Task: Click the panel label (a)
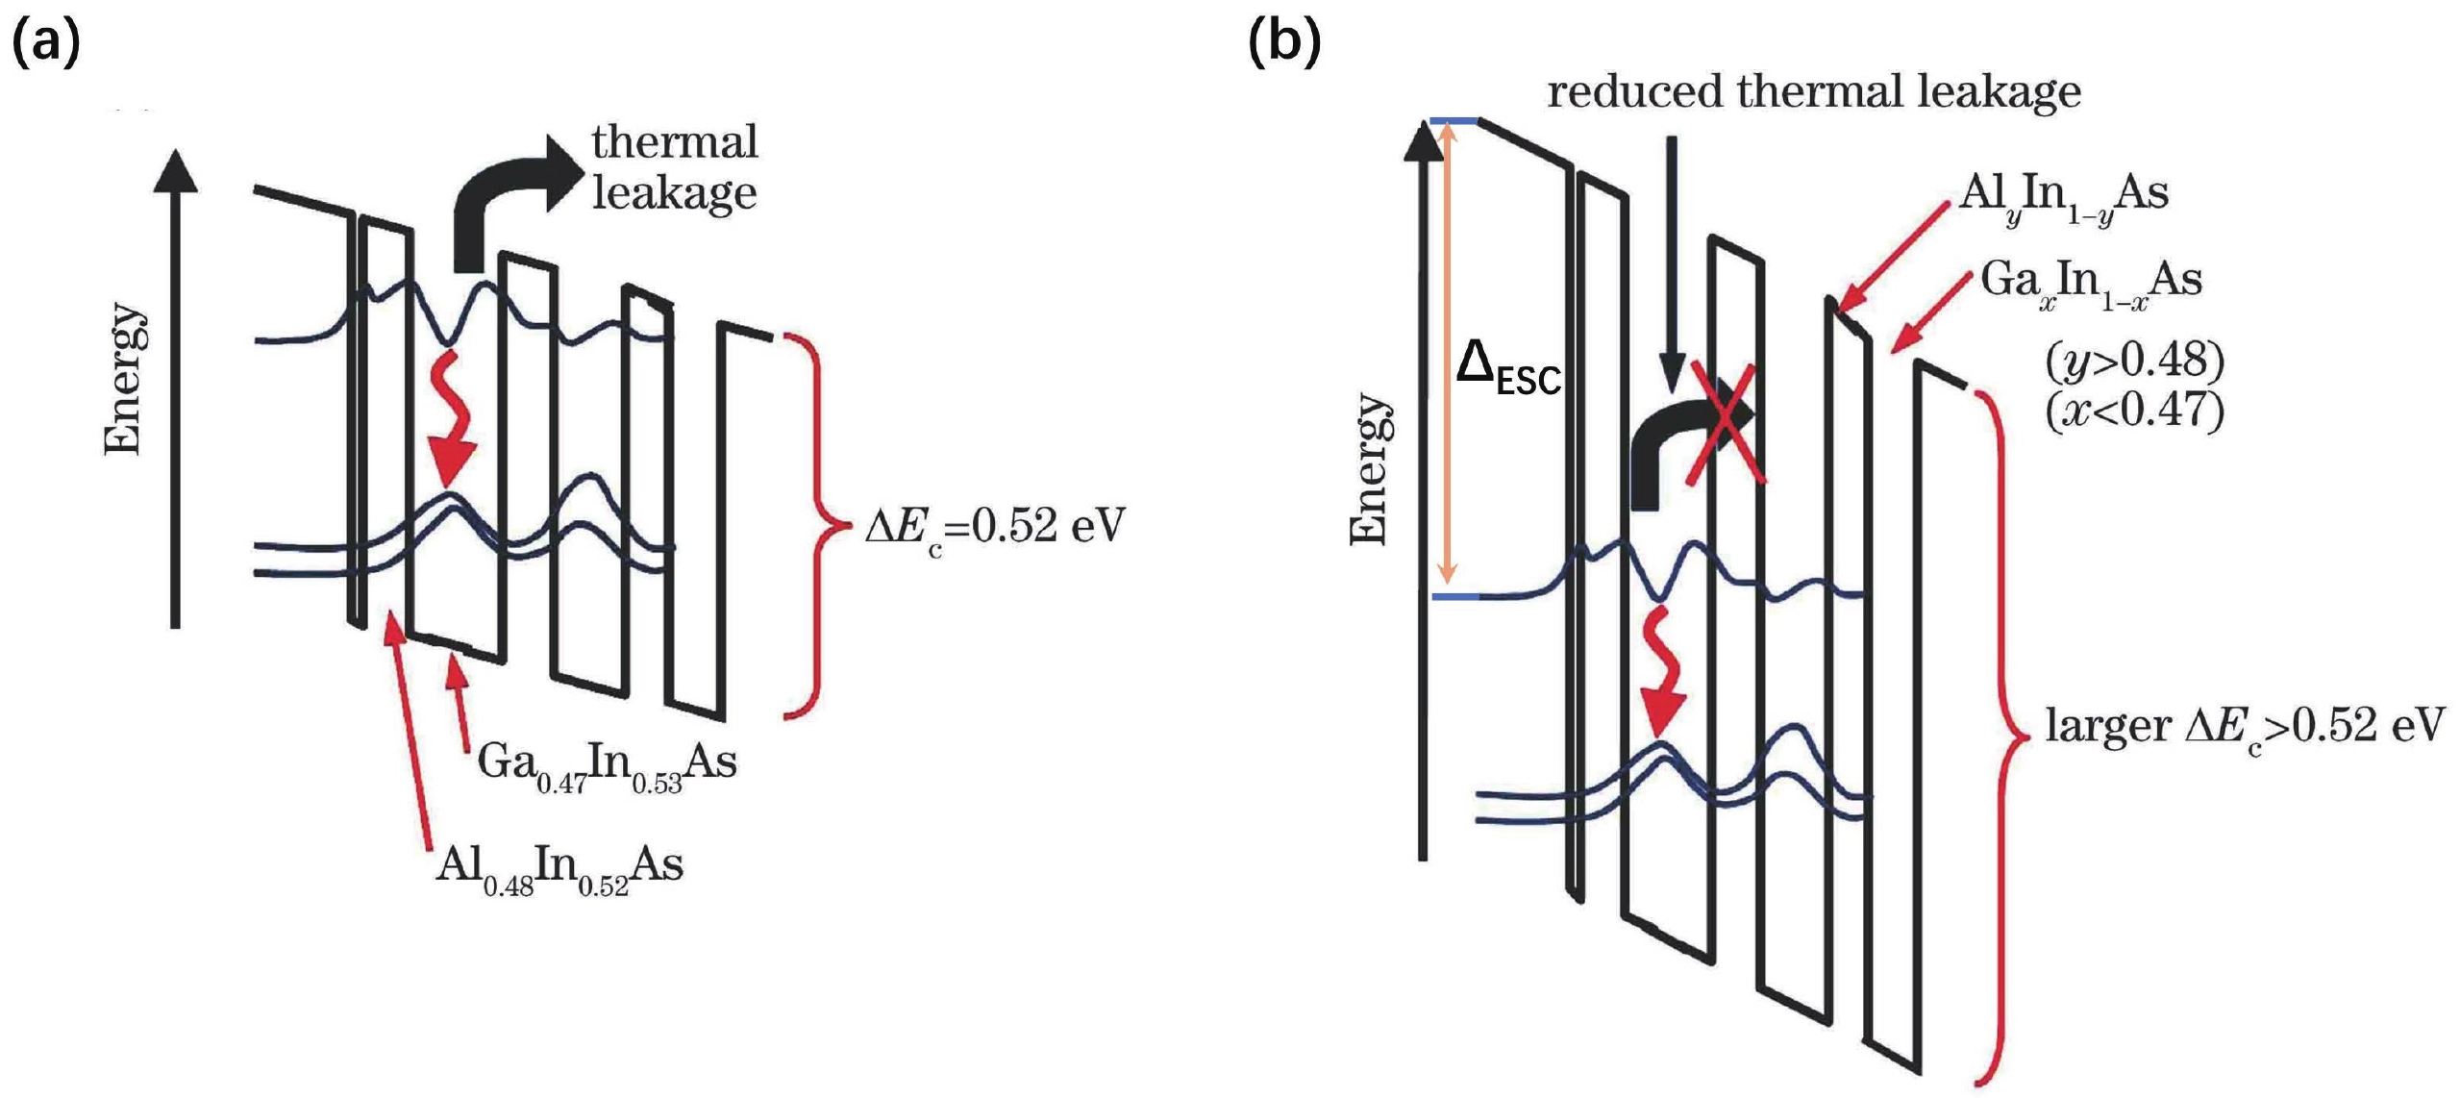click(45, 43)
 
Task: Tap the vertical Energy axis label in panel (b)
click(1369, 469)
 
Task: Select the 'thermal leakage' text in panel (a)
click(674, 167)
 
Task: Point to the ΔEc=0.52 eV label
click(994, 527)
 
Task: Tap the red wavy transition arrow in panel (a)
click(451, 418)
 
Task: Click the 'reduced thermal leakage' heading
click(1813, 92)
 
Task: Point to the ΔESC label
click(1507, 370)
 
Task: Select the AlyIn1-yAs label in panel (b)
click(2063, 197)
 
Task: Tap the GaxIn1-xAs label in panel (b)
click(2090, 284)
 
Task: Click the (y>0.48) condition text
click(2134, 361)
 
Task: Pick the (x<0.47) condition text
click(2134, 412)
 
